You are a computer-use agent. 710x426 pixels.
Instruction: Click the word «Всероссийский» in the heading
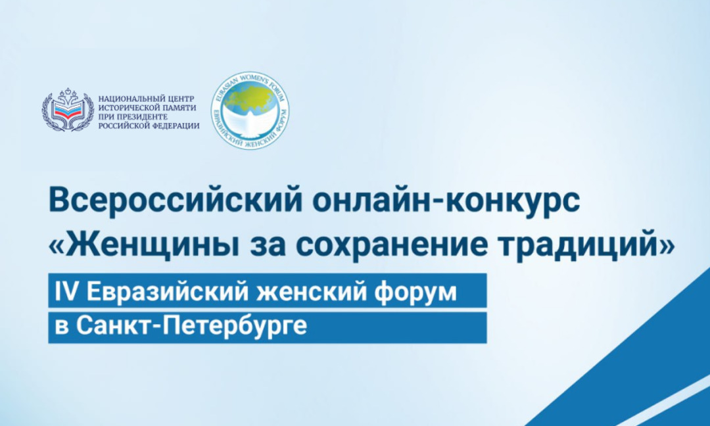(x=176, y=202)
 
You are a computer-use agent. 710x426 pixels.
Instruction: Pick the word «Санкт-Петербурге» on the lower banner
(x=191, y=325)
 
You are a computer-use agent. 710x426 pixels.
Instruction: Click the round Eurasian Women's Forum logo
(x=250, y=110)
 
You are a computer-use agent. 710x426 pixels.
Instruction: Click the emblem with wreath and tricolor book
(x=68, y=110)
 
